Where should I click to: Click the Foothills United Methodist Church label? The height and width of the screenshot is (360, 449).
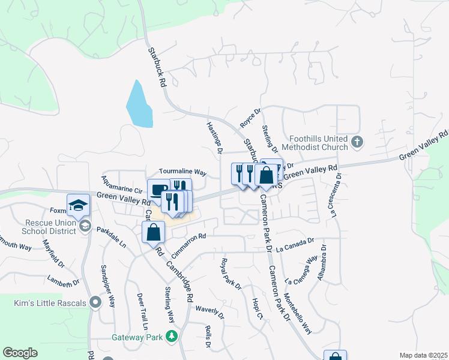point(318,143)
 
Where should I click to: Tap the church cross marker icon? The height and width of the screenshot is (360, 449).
point(358,143)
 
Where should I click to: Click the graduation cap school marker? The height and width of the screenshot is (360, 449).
point(78,205)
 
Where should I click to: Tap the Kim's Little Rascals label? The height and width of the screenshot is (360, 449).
point(50,303)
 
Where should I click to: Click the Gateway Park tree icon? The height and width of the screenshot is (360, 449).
point(172,337)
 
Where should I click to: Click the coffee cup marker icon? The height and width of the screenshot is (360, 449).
point(158,190)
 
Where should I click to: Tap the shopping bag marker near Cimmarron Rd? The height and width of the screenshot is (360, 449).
point(153,231)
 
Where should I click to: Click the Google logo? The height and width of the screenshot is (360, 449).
point(20,353)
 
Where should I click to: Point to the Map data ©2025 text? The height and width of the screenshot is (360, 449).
point(423,355)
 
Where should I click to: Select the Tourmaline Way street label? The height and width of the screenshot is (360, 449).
point(182,172)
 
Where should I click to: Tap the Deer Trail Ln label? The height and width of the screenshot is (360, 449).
point(142,311)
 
